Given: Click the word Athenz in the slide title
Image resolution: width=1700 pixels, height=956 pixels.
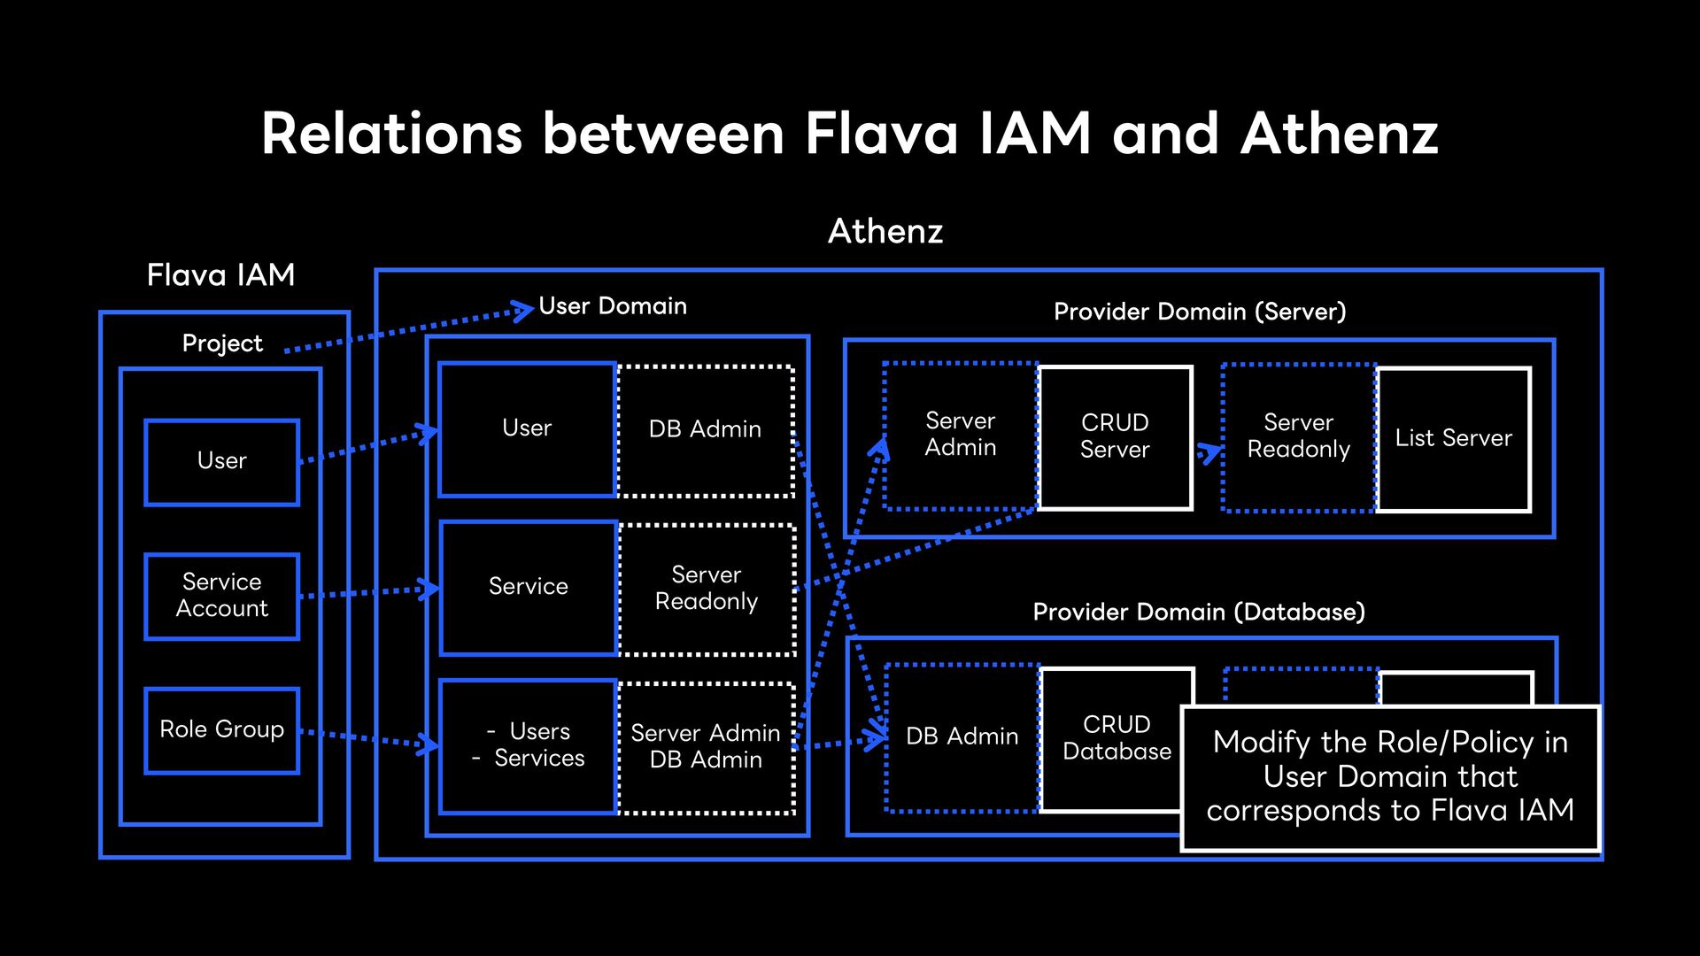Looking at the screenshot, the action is point(1339,134).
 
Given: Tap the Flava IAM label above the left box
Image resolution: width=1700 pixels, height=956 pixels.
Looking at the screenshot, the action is point(220,274).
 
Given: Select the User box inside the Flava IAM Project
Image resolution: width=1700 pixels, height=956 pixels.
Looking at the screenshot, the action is point(222,462).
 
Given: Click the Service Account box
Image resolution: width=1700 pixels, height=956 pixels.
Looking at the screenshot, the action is point(222,596).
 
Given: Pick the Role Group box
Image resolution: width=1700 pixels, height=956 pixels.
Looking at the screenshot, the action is point(222,730).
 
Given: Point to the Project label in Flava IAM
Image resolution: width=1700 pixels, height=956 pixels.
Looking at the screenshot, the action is point(222,343).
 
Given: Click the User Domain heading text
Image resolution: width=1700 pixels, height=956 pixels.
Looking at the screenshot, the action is point(613,306).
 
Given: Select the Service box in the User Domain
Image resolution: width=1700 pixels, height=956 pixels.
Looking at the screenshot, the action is point(529,588).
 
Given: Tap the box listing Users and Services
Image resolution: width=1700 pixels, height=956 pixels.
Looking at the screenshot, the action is point(529,746).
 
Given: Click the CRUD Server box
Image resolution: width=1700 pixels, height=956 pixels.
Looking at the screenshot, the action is point(1116,438).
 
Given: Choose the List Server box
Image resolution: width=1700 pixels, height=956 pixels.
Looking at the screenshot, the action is point(1454,439).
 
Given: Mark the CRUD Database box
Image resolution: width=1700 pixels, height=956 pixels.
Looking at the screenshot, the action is point(1117,739).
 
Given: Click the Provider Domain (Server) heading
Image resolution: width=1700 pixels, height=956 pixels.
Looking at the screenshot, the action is point(1200,312).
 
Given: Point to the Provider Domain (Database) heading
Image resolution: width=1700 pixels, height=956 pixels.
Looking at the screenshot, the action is point(1199,612).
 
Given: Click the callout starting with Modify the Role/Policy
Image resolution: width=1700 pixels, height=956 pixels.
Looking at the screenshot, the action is point(1391,778).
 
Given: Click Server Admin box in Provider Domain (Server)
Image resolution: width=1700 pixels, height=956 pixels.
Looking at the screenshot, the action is point(961,436).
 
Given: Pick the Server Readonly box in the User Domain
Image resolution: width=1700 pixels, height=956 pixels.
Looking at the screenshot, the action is point(707,590).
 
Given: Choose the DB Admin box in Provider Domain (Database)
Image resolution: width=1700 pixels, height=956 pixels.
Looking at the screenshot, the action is point(962,737).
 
